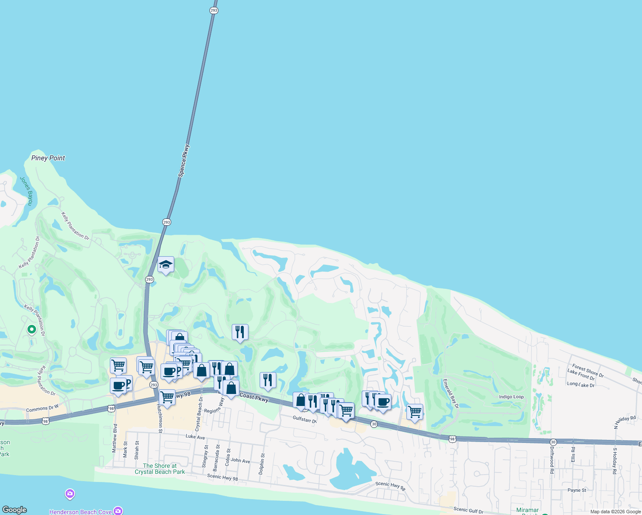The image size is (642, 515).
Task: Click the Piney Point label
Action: tap(48, 158)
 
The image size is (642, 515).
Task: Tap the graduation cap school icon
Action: tap(166, 265)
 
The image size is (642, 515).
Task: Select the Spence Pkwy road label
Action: tap(184, 161)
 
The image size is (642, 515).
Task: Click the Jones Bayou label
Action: tap(27, 191)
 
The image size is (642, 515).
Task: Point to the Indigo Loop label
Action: tap(511, 397)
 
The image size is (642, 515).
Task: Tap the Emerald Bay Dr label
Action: tap(451, 393)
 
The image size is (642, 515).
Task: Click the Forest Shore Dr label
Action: tap(588, 371)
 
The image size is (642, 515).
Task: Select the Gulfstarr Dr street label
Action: tap(305, 419)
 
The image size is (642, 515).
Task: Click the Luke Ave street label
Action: tap(195, 437)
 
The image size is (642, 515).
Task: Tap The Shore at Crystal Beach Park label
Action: tap(160, 469)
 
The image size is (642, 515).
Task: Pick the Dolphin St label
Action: tap(262, 464)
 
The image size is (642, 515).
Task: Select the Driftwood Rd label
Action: tap(552, 460)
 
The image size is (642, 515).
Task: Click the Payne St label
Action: tap(577, 490)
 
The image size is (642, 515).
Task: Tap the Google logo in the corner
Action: tap(15, 510)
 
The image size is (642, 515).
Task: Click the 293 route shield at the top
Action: tap(214, 10)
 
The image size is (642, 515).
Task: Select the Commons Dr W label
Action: tap(42, 409)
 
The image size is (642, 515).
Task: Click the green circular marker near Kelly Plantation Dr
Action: tap(31, 330)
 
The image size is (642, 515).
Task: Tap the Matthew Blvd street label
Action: tap(115, 438)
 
